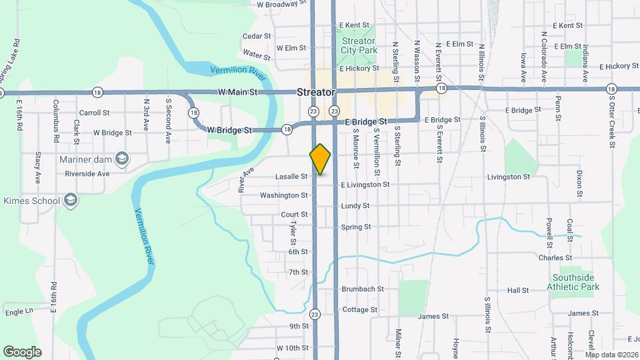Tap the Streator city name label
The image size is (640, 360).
315,93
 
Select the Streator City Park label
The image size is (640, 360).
359,45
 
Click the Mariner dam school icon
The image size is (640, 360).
121,159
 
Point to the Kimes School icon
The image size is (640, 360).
71,200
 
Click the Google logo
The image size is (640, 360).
22,351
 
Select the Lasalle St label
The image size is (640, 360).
291,177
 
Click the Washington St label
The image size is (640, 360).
284,195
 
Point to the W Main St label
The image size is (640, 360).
237,92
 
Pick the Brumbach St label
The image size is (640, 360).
363,289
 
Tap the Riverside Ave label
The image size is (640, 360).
87,173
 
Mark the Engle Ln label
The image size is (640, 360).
19,311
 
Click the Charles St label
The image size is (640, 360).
555,257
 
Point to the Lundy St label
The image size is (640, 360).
355,206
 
